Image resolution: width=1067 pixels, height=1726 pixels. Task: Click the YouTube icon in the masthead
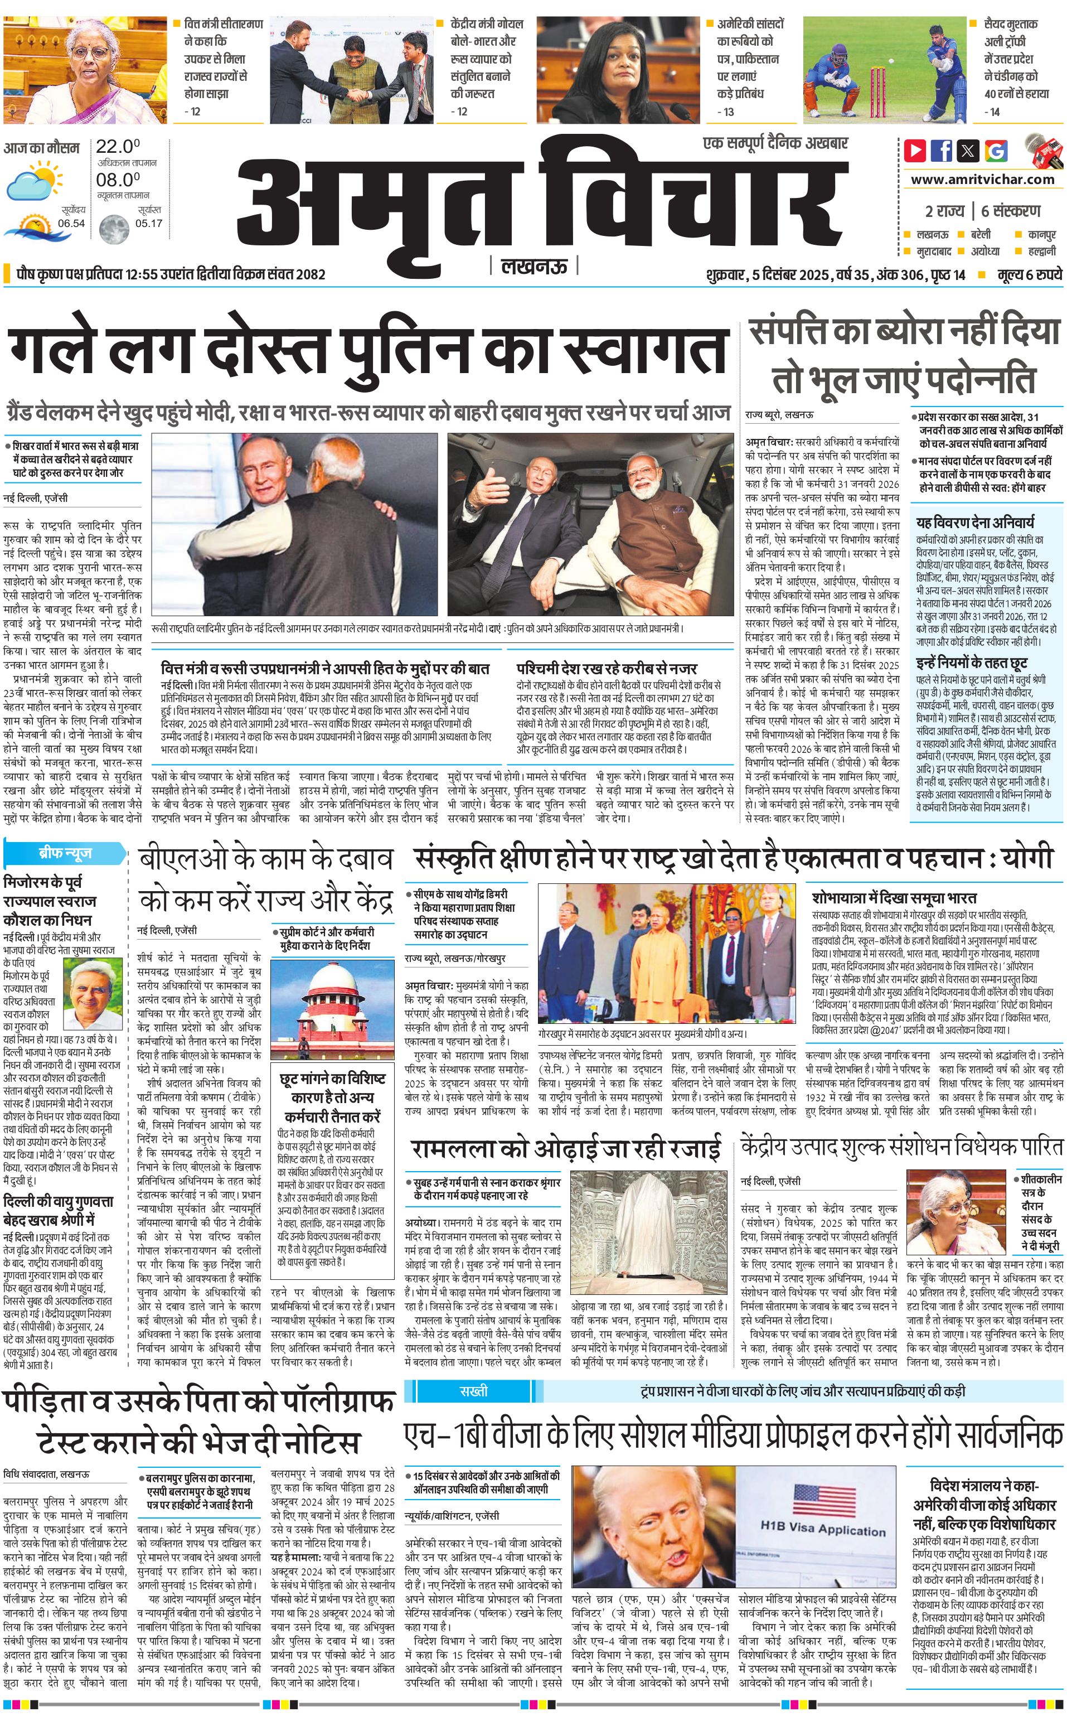tap(915, 151)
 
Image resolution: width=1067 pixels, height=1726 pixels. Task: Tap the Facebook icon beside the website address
tap(942, 151)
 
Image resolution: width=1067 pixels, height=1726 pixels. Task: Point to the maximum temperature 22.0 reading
tap(118, 147)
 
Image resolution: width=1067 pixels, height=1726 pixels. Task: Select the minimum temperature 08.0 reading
tap(118, 180)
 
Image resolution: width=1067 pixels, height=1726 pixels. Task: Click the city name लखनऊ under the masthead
tap(533, 266)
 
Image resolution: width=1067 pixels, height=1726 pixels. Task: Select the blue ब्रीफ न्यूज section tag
tap(65, 853)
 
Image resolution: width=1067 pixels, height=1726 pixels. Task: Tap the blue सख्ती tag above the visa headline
tap(473, 1391)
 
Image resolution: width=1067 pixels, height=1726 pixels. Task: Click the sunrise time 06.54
tap(71, 224)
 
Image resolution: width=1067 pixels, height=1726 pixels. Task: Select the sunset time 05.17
tap(149, 224)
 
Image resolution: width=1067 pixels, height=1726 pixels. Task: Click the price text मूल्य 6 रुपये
tap(1028, 274)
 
